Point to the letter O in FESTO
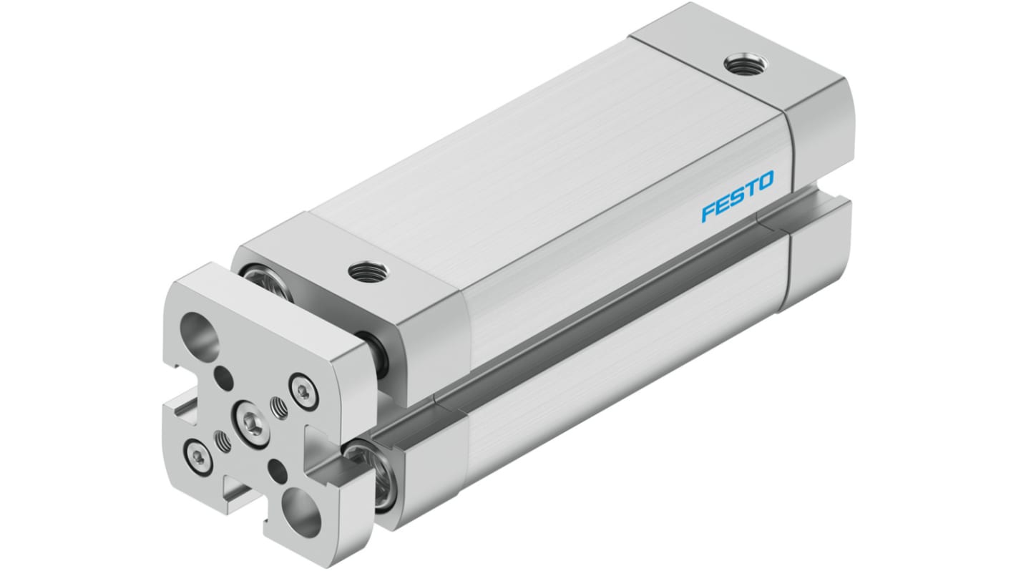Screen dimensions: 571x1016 (x=763, y=182)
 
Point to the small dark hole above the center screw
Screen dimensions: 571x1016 (x=223, y=376)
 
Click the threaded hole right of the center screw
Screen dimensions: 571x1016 (x=279, y=409)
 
